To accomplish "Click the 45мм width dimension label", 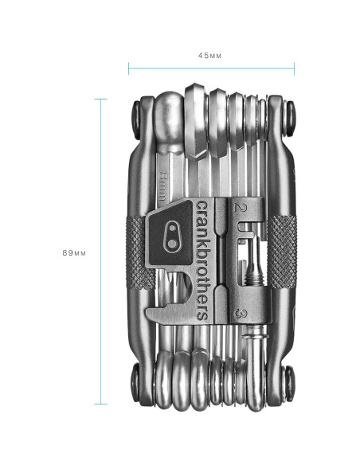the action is [209, 56].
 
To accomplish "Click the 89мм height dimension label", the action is [74, 253].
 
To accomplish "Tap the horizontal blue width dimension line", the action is [211, 68].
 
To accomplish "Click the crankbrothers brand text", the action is [202, 260].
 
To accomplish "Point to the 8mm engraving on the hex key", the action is [163, 186].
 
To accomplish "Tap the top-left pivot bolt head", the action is [136, 119].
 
